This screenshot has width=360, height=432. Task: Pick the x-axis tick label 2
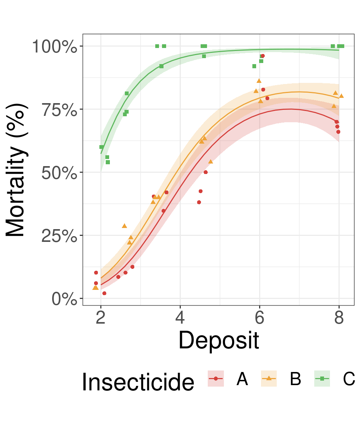point(100,318)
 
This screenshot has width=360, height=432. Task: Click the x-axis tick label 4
point(180,318)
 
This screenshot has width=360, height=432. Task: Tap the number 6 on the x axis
point(259,318)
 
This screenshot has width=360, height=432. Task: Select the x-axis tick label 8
point(339,318)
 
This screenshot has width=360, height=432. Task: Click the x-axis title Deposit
point(219,340)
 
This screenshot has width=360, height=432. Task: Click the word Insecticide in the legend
point(138,382)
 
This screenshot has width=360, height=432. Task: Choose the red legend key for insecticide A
point(216,378)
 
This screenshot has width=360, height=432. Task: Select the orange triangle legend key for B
point(269,378)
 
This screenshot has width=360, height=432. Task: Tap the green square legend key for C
point(322,378)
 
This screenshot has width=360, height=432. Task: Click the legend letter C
point(349,380)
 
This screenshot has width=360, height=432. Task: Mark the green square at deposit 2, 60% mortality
point(102,147)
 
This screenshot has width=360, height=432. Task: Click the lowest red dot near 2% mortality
point(104,293)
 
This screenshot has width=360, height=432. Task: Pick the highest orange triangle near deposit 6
point(259,81)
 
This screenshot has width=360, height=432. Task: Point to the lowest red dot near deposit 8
point(338,132)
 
